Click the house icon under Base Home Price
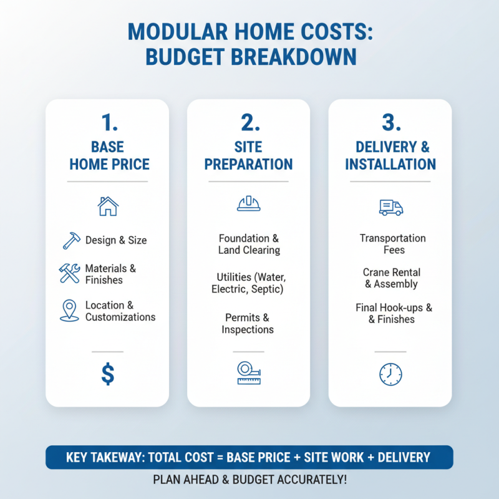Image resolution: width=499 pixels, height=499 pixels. click(108, 206)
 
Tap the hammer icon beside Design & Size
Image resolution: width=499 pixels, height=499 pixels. click(72, 240)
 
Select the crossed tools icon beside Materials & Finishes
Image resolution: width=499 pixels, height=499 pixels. click(69, 273)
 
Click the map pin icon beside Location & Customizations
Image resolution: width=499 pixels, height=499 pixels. click(69, 311)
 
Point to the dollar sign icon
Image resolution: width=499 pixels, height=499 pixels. click(108, 374)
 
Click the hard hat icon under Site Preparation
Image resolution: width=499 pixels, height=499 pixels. click(249, 204)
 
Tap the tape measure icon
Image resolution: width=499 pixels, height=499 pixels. click(249, 373)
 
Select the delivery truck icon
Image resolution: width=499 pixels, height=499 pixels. click(390, 207)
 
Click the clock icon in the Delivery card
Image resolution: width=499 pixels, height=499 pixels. click(390, 374)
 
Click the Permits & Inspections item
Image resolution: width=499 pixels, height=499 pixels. click(248, 324)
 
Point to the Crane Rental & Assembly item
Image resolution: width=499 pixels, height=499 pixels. click(391, 278)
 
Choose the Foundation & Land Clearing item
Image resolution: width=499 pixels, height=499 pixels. click(249, 244)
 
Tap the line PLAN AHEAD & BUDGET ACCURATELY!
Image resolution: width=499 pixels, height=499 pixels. click(249, 481)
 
